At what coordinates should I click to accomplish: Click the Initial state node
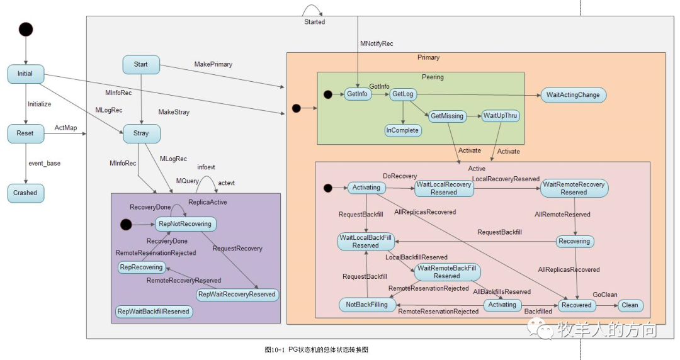[26, 74]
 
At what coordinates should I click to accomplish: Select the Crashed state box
[26, 193]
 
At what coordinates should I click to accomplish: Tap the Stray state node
[142, 133]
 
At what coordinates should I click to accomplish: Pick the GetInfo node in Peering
[358, 94]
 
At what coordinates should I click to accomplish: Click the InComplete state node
[403, 130]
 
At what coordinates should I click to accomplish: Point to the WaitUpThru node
[501, 116]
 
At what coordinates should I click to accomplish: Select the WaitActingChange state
[574, 95]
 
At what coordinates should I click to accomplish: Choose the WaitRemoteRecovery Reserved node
[574, 188]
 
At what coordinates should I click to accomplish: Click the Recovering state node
[575, 242]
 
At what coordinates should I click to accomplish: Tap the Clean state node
[630, 305]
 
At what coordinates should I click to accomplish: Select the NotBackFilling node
[367, 305]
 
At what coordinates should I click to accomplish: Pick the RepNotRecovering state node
[185, 224]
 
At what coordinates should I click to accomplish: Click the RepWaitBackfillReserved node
[154, 312]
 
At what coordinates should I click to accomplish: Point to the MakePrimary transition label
[213, 64]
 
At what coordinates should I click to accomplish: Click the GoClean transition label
[605, 295]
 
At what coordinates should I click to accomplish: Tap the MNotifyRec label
[377, 43]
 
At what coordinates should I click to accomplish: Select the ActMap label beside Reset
[66, 128]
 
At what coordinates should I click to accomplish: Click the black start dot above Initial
[26, 30]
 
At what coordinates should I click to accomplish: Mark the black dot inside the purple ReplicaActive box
[126, 225]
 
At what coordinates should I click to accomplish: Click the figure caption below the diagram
[317, 350]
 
